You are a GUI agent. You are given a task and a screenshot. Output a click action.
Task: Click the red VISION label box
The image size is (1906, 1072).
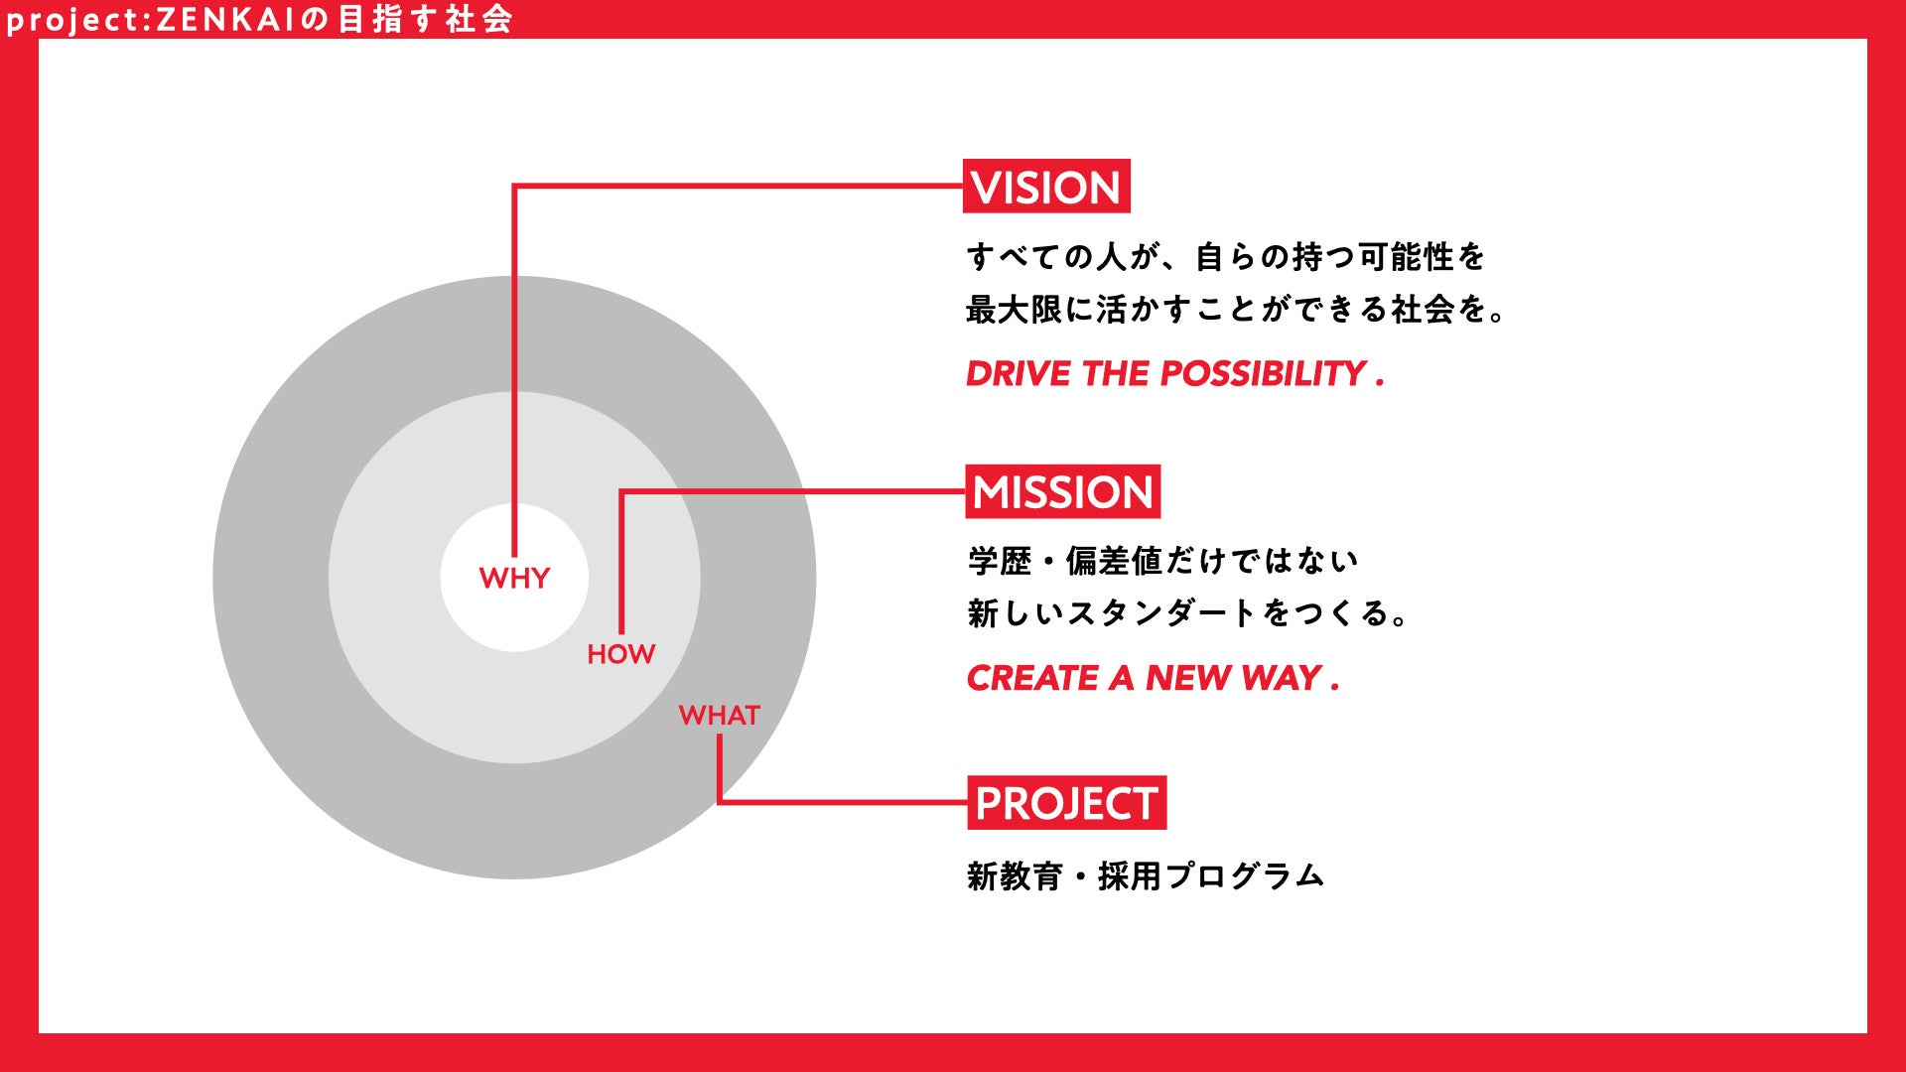[x=1046, y=187]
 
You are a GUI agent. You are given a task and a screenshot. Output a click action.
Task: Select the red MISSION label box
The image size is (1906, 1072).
[x=1062, y=492]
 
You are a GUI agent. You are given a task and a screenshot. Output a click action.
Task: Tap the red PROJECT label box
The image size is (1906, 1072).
[x=1066, y=803]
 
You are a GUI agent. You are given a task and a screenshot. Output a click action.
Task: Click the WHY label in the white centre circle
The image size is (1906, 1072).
[x=514, y=578]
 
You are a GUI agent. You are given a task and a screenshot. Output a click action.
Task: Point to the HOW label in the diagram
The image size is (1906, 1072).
[x=621, y=654]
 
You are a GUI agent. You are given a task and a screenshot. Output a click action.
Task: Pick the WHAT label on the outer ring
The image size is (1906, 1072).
[x=720, y=716]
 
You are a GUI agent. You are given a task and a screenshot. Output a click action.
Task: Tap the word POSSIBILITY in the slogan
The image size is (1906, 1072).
[x=1263, y=374]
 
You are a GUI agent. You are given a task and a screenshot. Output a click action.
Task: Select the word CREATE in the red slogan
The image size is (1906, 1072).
[x=1032, y=679]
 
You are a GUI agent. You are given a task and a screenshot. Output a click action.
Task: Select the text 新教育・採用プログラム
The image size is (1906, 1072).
[x=1146, y=876]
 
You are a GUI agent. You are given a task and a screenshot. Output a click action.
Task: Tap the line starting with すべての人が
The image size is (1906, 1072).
[x=1225, y=257]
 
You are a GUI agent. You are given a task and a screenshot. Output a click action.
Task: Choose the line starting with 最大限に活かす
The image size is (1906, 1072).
[x=1236, y=310]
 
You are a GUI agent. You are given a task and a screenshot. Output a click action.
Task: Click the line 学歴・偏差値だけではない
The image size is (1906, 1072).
[x=1162, y=562]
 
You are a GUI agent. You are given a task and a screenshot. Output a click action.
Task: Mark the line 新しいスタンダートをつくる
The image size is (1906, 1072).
[x=1187, y=613]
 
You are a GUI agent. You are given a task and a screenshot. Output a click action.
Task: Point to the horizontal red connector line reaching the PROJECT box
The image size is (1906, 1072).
[x=844, y=802]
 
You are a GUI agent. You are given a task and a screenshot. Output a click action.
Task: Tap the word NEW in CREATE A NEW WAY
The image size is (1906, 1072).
[x=1187, y=679]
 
